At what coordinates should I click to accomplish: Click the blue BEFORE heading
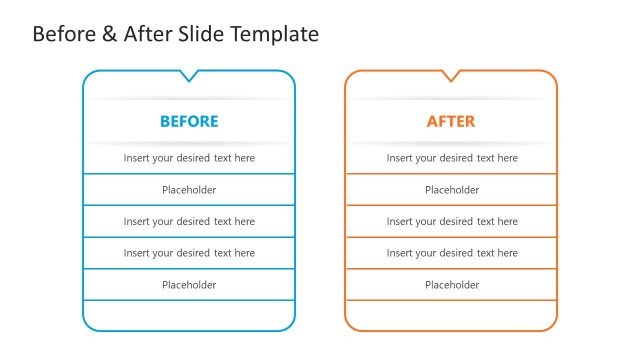click(x=189, y=122)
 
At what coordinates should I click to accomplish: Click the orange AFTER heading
click(x=451, y=122)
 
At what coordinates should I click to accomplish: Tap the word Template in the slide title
click(x=275, y=34)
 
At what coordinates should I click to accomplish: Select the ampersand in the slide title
click(x=109, y=34)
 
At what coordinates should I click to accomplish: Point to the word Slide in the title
click(x=203, y=34)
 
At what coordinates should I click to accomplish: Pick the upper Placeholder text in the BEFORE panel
click(x=189, y=190)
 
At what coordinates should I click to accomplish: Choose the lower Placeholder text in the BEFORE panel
click(x=189, y=285)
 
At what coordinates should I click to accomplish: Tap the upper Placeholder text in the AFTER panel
click(x=452, y=190)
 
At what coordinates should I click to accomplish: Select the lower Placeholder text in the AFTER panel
click(x=452, y=285)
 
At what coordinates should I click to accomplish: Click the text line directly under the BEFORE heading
click(x=189, y=158)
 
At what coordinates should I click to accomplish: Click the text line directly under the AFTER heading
click(x=452, y=158)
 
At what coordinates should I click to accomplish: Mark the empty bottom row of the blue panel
click(x=189, y=314)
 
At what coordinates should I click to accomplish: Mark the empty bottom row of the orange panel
click(x=451, y=314)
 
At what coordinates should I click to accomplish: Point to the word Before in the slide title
click(x=64, y=34)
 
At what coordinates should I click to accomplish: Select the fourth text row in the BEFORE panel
click(x=189, y=253)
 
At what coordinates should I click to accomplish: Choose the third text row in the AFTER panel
click(x=452, y=222)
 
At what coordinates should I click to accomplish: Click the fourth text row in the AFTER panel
click(x=452, y=253)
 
